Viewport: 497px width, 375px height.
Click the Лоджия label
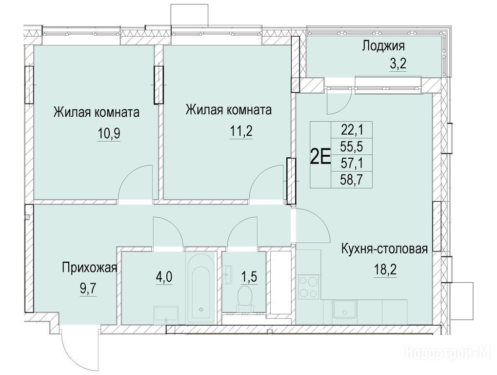pyautogui.click(x=383, y=46)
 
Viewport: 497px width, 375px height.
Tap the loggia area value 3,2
pyautogui.click(x=398, y=65)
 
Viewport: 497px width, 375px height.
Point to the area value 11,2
pyautogui.click(x=241, y=130)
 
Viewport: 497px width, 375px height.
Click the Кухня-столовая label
pyautogui.click(x=384, y=249)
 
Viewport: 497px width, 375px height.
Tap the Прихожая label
pyautogui.click(x=89, y=268)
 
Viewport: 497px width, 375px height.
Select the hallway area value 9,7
pyautogui.click(x=87, y=289)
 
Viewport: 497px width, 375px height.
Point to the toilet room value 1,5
pyautogui.click(x=249, y=277)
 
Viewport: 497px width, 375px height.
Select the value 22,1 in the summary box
pyautogui.click(x=352, y=129)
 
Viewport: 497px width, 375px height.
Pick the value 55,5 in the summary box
pyautogui.click(x=352, y=146)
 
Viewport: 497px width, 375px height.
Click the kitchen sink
pyautogui.click(x=343, y=312)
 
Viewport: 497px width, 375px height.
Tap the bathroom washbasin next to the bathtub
pyautogui.click(x=166, y=314)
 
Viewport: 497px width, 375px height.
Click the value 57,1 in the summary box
pyautogui.click(x=352, y=164)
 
